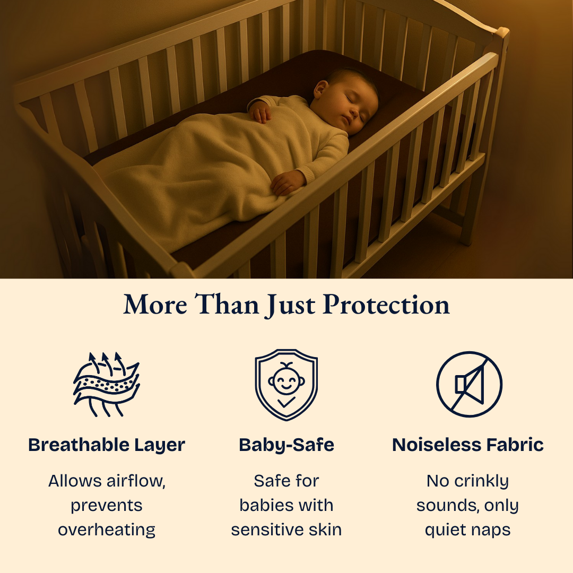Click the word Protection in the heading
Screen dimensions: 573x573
(x=387, y=305)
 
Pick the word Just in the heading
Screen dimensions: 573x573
(x=290, y=305)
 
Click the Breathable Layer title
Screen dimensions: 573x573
(x=107, y=445)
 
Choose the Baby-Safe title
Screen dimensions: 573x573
(x=286, y=445)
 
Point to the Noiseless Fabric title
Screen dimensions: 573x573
(x=468, y=445)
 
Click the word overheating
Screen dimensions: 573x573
(x=107, y=529)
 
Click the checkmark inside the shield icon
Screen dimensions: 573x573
(x=286, y=403)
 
